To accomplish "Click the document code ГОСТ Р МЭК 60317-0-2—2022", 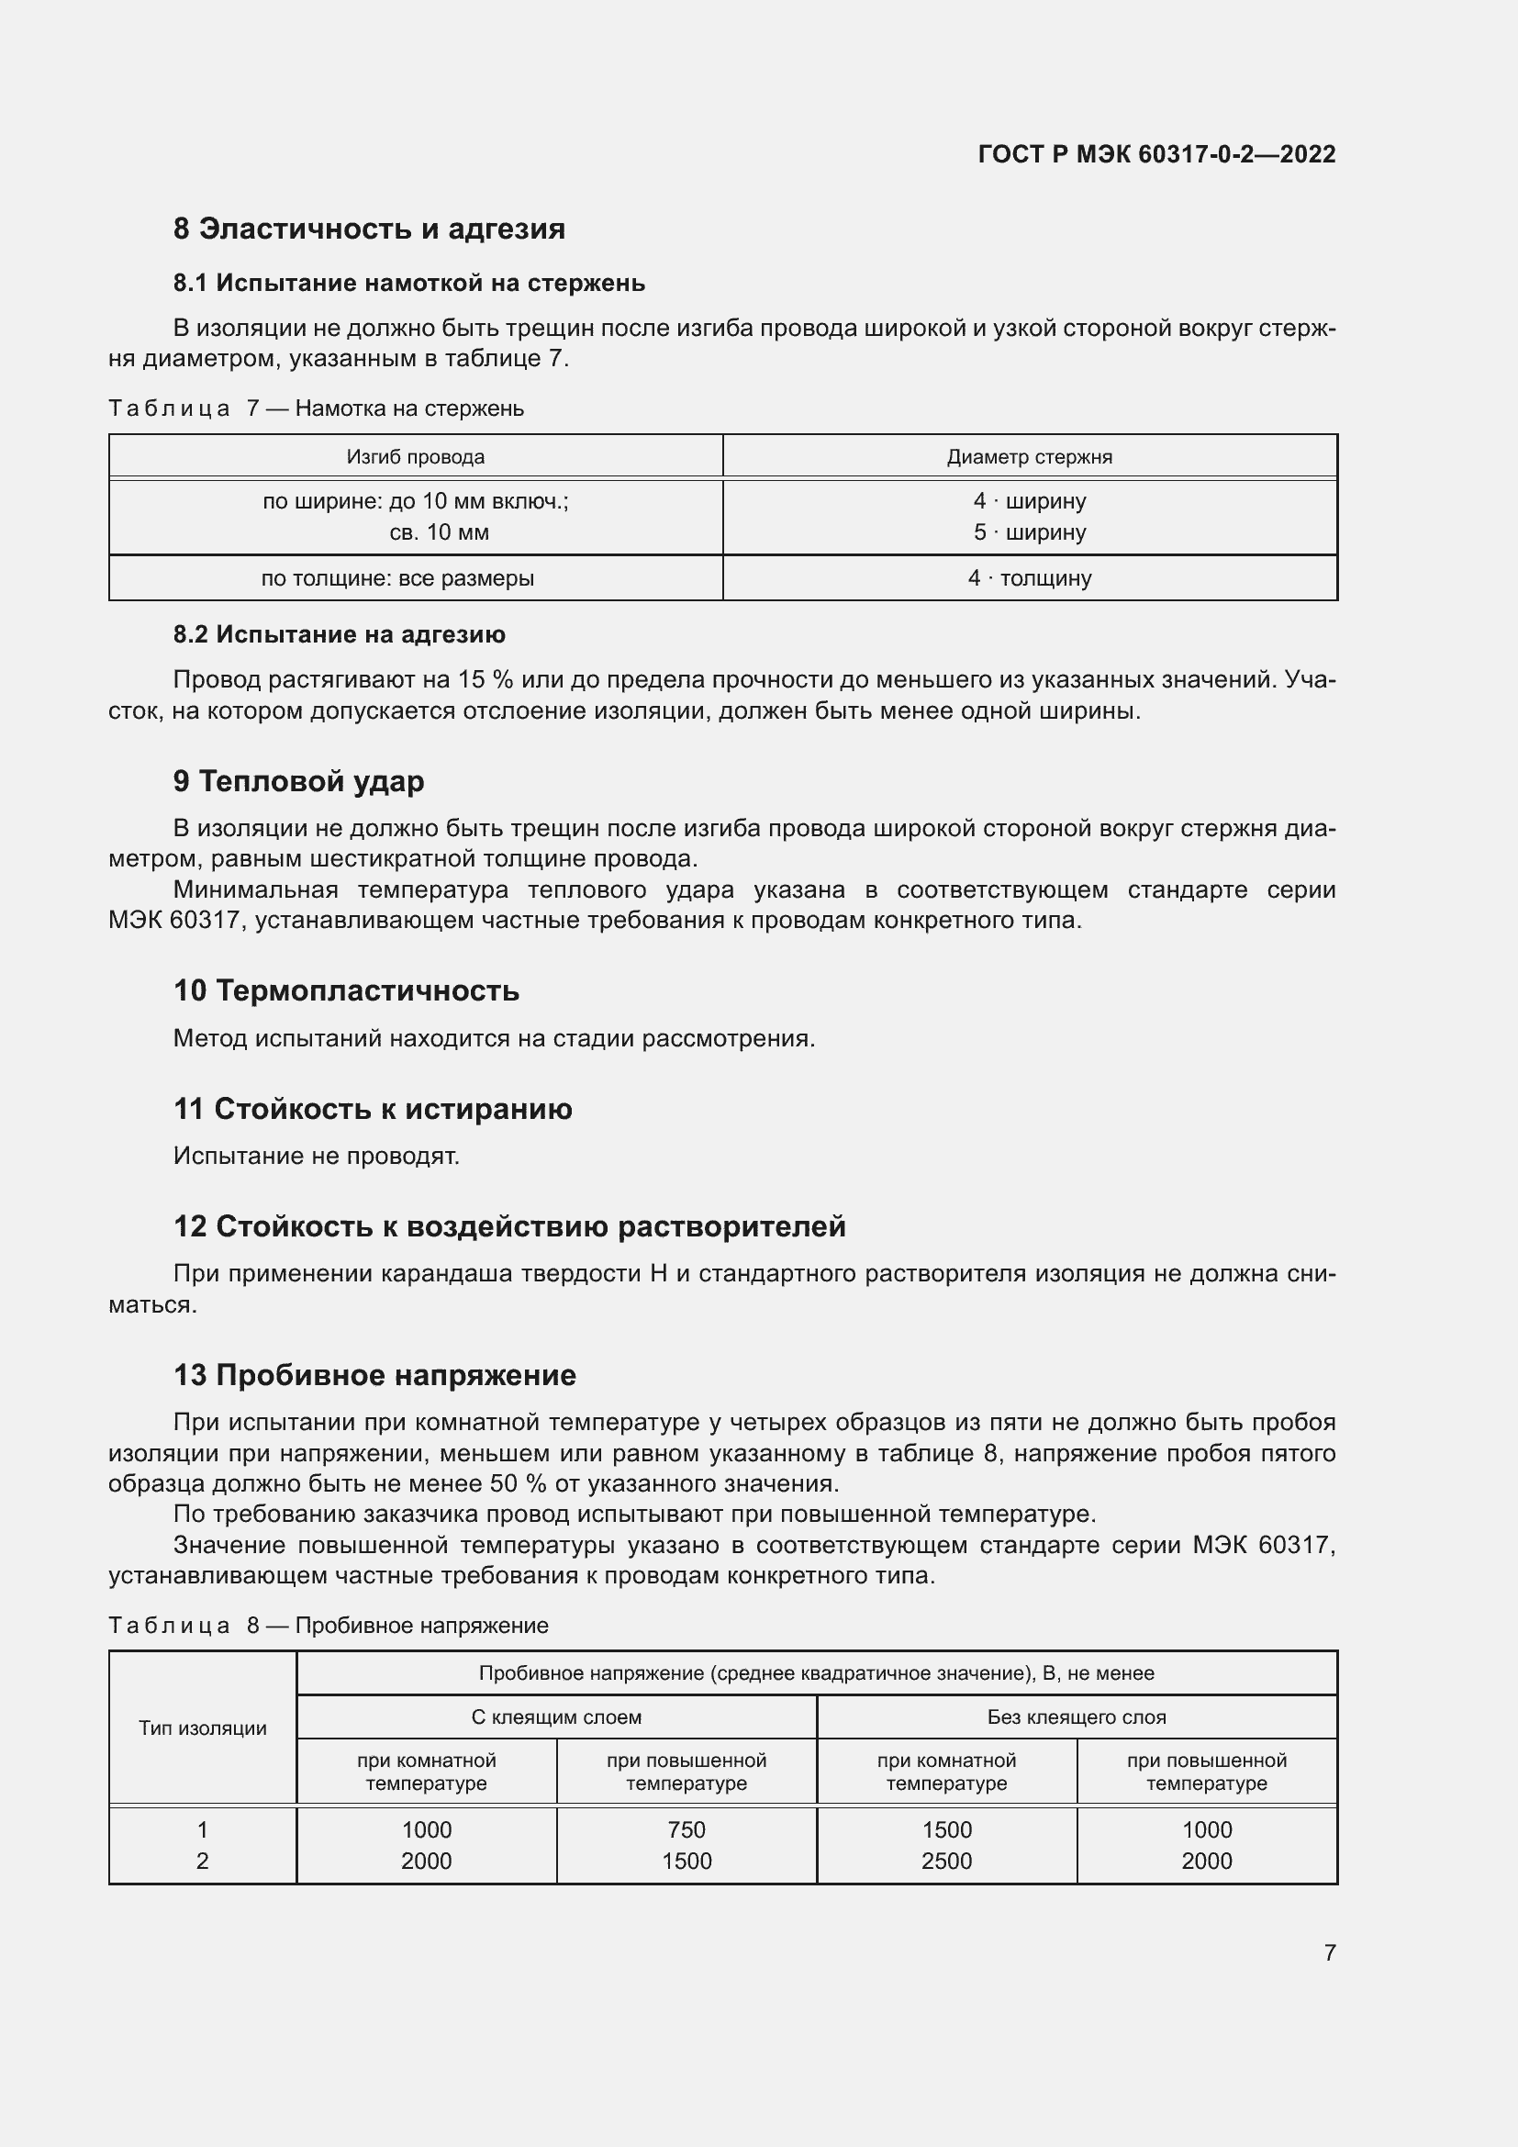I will pos(1156,154).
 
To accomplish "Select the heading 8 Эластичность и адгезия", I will pos(368,229).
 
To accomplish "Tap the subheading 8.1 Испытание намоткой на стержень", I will pos(408,284).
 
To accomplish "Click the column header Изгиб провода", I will pos(415,457).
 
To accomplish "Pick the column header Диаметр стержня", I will pos(1029,457).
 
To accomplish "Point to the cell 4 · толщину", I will pos(1029,578).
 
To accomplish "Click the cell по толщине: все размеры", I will pos(397,578).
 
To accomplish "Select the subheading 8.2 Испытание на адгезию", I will pos(339,634).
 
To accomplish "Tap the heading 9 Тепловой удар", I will pos(298,781).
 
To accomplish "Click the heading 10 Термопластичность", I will pos(346,990).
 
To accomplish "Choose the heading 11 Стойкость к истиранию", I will pos(372,1109).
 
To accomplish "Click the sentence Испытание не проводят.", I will pos(316,1156).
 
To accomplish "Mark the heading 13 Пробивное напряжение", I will pos(374,1375).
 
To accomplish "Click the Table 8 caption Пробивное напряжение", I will pos(420,1626).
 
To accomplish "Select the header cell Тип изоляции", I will pos(203,1728).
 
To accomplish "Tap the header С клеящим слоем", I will pos(556,1716).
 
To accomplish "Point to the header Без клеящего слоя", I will pos(1076,1716).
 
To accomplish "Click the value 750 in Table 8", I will pos(686,1830).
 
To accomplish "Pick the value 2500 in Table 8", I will pos(946,1861).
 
